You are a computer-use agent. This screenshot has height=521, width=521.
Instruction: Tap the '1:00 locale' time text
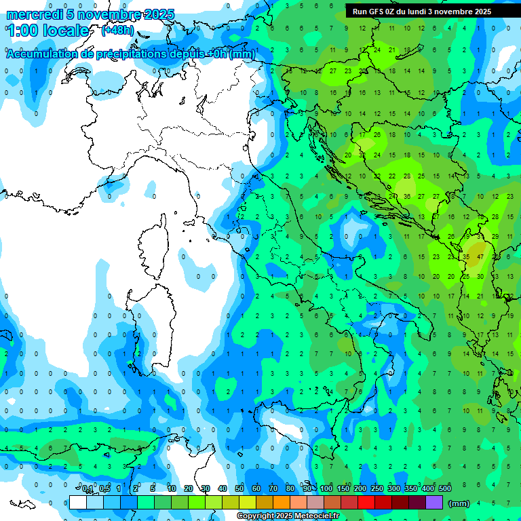tap(48, 31)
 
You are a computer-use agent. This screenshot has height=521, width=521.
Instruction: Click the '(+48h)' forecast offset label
tap(117, 31)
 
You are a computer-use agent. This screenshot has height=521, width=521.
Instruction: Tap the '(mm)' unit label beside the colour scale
tap(459, 503)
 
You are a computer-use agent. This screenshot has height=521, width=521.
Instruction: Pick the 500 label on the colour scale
tap(445, 488)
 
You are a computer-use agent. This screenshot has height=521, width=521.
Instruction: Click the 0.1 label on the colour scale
tap(88, 488)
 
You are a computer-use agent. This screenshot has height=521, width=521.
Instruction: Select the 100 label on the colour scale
tap(326, 488)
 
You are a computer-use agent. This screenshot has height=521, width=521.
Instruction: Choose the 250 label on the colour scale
tap(377, 488)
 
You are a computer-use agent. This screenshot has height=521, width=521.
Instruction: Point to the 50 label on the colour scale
tap(239, 488)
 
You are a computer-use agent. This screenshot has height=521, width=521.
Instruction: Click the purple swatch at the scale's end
tap(434, 502)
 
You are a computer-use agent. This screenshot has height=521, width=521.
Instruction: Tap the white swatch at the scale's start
tap(78, 502)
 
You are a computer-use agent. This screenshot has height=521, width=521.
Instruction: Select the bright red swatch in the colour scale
tap(366, 502)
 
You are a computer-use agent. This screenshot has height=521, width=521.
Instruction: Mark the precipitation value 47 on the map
tap(480, 257)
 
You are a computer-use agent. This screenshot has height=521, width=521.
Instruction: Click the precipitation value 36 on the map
tap(406, 197)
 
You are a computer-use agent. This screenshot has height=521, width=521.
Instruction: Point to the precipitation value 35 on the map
tap(466, 257)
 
